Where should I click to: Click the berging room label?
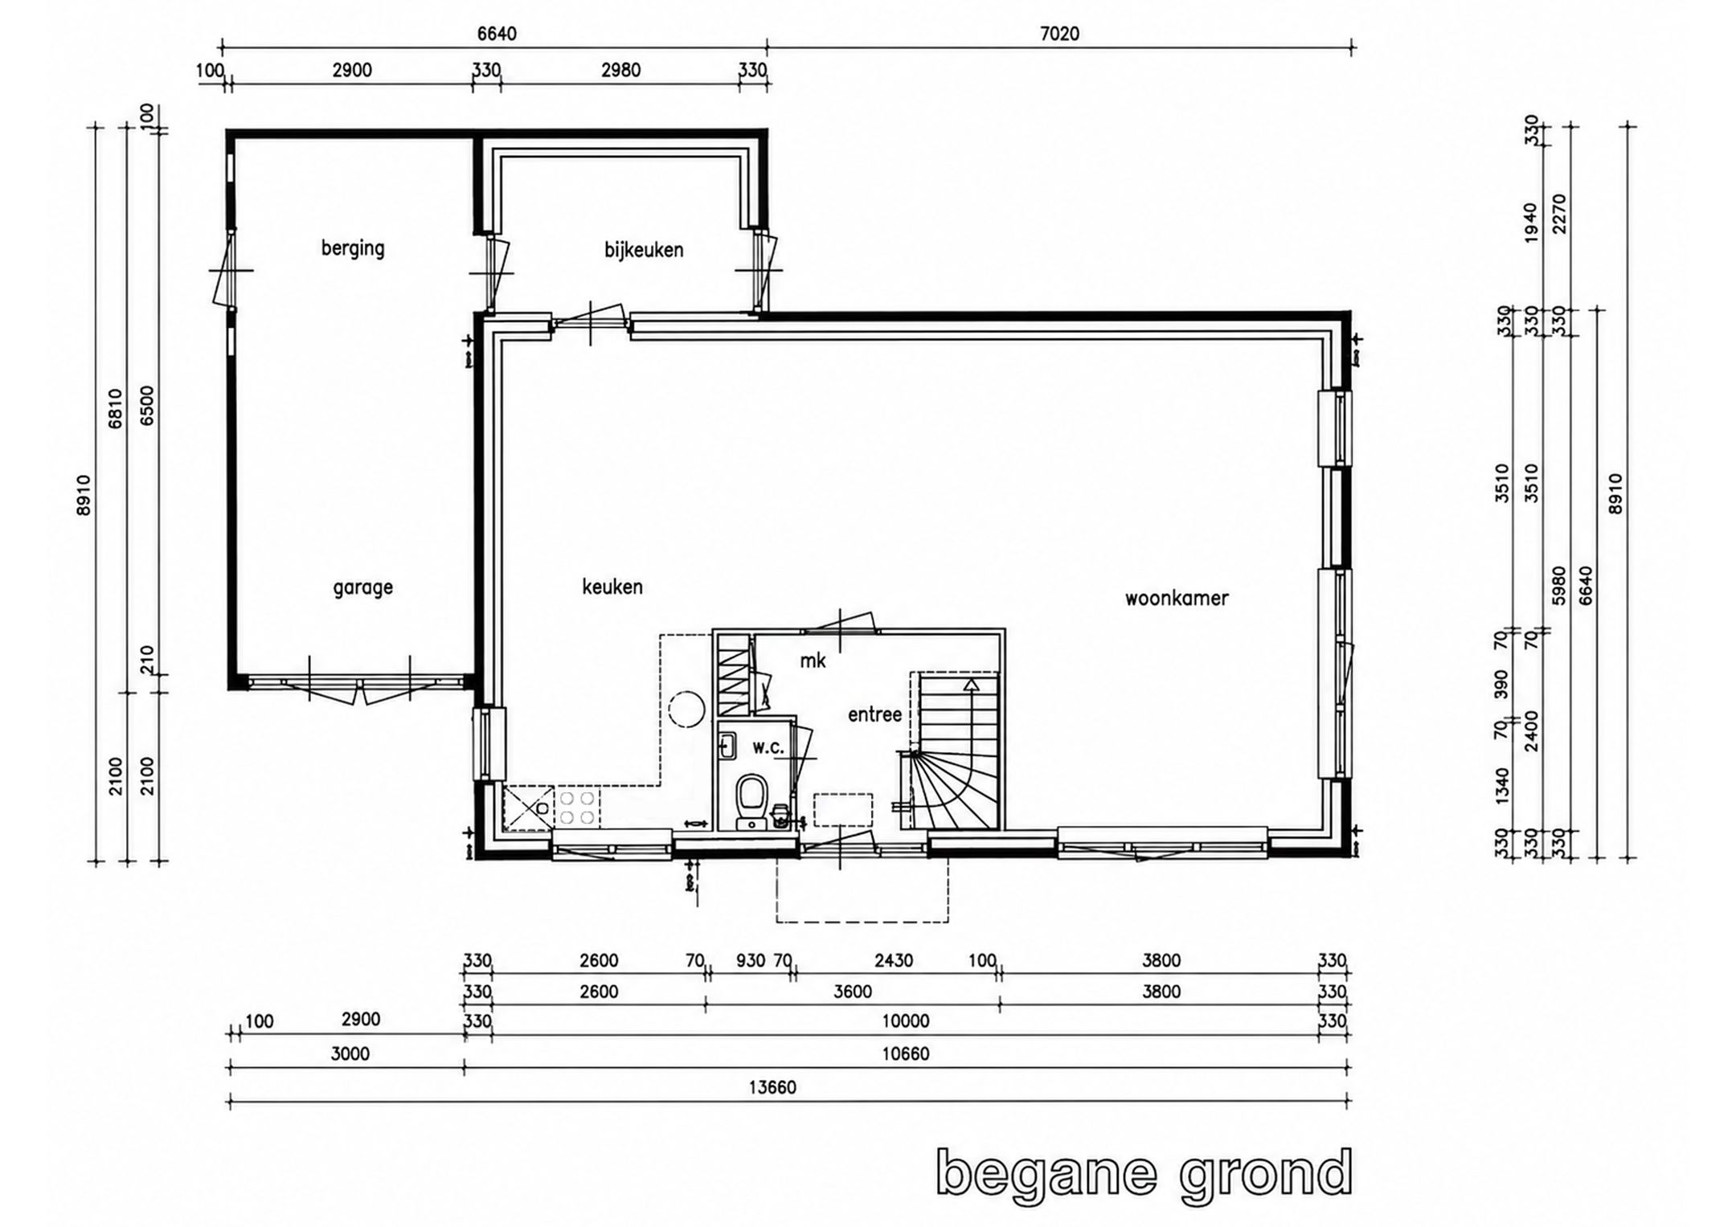[x=353, y=248]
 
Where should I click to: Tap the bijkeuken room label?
[x=644, y=250]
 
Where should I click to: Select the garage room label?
[x=362, y=588]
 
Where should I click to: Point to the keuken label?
[x=612, y=587]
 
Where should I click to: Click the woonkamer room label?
[x=1177, y=599]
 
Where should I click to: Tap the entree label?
[x=874, y=714]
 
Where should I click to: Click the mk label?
[x=813, y=661]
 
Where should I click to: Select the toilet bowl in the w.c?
[x=751, y=798]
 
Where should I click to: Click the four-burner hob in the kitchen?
[x=577, y=808]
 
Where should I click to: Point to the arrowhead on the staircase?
[x=972, y=685]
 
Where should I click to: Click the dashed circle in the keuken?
[x=686, y=710]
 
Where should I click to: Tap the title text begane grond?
[x=1144, y=1176]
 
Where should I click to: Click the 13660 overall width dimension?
[x=772, y=1087]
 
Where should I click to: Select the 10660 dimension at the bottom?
[x=906, y=1053]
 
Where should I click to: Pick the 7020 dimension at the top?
[x=1060, y=34]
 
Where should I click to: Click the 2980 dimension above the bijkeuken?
[x=621, y=71]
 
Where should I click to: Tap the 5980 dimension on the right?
[x=1558, y=586]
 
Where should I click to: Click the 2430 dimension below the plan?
[x=893, y=960]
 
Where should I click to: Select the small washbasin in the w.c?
[x=727, y=746]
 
